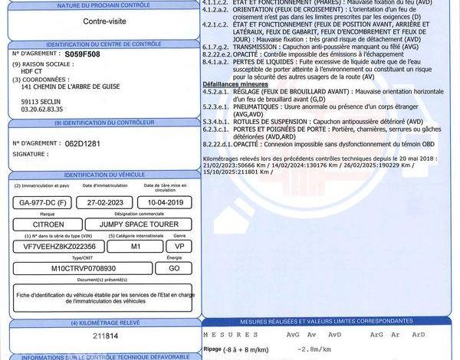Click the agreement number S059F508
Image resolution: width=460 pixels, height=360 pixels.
(x=82, y=55)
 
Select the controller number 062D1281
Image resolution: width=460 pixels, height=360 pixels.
(x=84, y=143)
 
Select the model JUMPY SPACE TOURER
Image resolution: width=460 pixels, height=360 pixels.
(x=142, y=224)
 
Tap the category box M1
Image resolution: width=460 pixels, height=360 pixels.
(x=136, y=247)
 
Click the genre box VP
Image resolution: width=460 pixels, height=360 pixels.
(x=179, y=247)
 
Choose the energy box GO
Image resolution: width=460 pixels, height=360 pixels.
(x=174, y=269)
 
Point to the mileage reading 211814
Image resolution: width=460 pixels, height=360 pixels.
(x=105, y=335)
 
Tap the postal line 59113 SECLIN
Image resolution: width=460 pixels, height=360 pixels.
(x=41, y=101)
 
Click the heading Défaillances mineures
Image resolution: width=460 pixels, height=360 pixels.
(x=237, y=83)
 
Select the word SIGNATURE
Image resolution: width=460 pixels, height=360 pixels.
(x=29, y=154)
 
